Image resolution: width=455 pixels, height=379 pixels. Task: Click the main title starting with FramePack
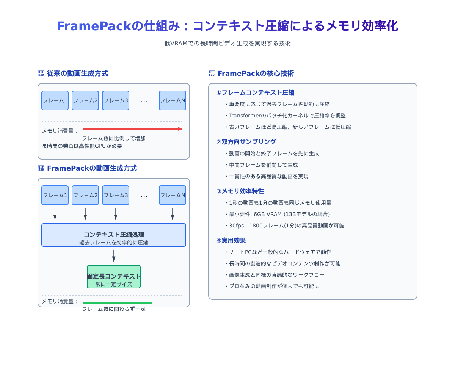227,26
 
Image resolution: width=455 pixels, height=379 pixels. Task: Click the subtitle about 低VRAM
227,43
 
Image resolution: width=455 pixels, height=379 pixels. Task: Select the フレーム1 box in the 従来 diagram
55,100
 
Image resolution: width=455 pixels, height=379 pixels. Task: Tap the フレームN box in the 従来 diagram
173,100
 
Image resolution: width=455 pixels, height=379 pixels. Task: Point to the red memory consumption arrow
133,129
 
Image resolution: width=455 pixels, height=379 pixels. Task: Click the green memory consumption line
118,303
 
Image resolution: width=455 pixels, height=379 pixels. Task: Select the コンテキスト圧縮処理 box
114,235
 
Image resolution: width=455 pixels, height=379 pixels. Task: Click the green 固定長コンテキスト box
114,277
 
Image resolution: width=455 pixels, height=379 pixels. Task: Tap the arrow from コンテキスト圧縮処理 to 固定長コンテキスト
114,256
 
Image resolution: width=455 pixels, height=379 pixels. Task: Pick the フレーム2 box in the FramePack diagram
85,195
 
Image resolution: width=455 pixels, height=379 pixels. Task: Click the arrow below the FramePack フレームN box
173,214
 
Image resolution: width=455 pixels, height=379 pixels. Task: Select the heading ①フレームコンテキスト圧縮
255,92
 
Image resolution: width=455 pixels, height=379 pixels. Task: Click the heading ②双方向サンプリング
246,142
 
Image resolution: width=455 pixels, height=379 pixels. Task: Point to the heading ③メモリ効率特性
240,191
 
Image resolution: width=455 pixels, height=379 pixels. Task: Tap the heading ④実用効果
231,240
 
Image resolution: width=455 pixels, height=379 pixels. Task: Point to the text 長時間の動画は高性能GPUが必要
82,146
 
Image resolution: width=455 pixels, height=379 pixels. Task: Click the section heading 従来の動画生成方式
77,74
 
